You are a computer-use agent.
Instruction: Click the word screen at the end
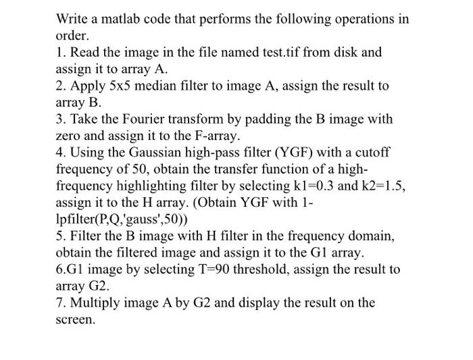75,319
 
